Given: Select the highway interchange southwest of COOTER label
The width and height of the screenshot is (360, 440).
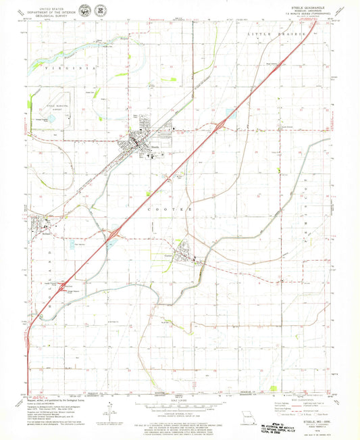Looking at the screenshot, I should point(114,233).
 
